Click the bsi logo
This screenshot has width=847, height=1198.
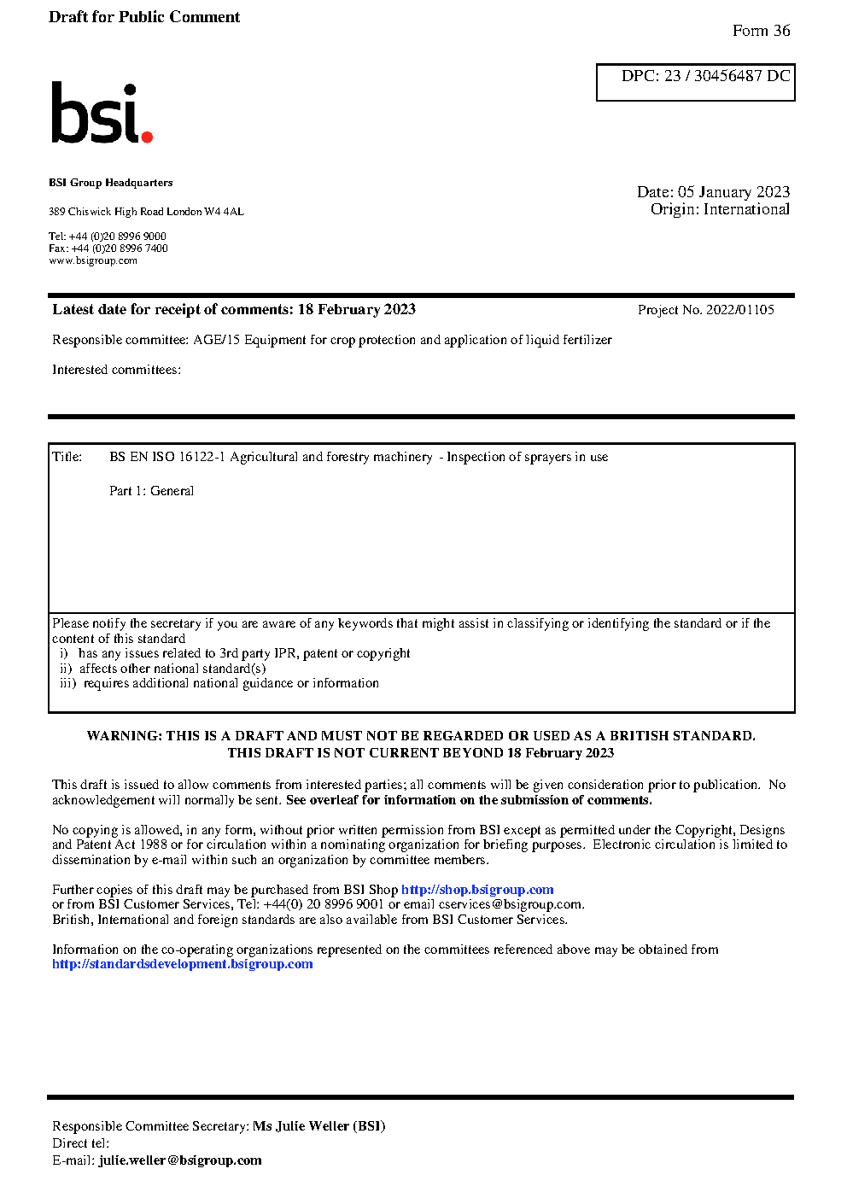pyautogui.click(x=101, y=113)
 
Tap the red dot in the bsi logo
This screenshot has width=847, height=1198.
pyautogui.click(x=147, y=136)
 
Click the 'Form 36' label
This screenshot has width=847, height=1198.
pyautogui.click(x=761, y=31)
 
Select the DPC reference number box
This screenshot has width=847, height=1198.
pyautogui.click(x=695, y=82)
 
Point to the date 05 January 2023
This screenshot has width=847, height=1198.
pyautogui.click(x=733, y=192)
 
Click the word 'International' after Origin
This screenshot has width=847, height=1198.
pyautogui.click(x=746, y=209)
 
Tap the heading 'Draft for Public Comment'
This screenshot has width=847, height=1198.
pyautogui.click(x=144, y=17)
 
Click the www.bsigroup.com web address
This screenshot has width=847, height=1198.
pyautogui.click(x=93, y=260)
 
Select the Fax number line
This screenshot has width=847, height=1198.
pyautogui.click(x=108, y=248)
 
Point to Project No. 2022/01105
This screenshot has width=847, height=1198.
pyautogui.click(x=705, y=310)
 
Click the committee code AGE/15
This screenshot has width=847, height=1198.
pyautogui.click(x=216, y=340)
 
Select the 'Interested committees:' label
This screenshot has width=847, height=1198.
pyautogui.click(x=116, y=370)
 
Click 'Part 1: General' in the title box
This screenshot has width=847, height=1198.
pyautogui.click(x=151, y=491)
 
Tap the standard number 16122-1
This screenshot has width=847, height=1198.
pyautogui.click(x=202, y=457)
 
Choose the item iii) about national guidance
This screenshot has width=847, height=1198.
pyautogui.click(x=219, y=683)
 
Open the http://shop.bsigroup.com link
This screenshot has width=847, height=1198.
pyautogui.click(x=477, y=890)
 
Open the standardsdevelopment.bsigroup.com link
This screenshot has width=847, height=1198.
pyautogui.click(x=182, y=964)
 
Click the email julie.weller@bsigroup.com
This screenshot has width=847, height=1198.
pyautogui.click(x=180, y=1160)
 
